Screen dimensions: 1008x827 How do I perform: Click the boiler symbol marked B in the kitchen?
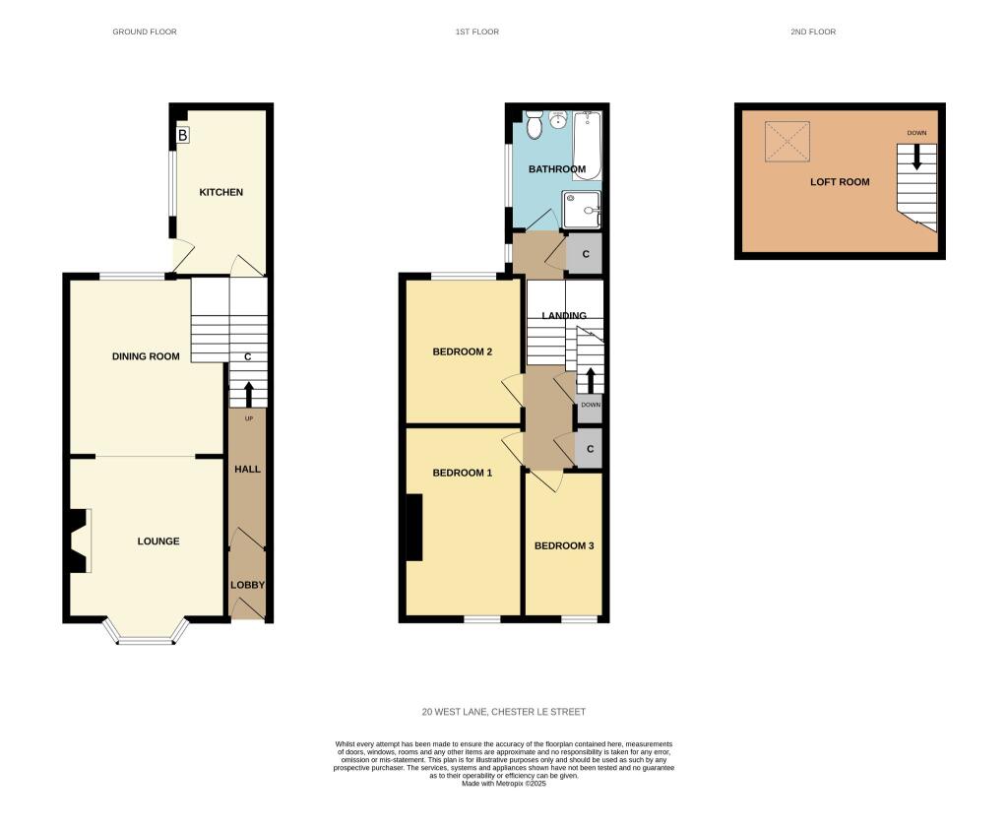tap(182, 135)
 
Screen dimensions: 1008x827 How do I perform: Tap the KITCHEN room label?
tap(221, 192)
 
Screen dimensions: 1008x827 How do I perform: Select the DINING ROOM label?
tap(146, 356)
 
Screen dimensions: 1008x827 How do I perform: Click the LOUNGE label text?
tap(158, 541)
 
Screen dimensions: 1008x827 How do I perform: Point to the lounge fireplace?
tap(80, 541)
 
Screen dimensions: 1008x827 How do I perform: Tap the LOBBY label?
tap(247, 585)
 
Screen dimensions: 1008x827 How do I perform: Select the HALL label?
tap(247, 470)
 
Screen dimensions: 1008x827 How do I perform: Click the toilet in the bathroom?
tap(534, 125)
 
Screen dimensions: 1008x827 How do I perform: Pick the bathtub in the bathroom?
tap(587, 146)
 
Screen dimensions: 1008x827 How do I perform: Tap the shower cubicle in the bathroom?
tap(581, 210)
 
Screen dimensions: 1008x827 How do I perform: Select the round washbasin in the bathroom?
tap(557, 119)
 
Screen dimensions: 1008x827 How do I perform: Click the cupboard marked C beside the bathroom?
tap(585, 254)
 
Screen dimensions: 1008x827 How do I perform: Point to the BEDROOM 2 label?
tap(463, 351)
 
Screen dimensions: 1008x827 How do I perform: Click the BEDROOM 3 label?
tap(564, 546)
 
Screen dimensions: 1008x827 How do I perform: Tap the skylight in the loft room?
tap(787, 142)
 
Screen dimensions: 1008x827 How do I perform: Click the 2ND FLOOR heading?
tap(813, 32)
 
